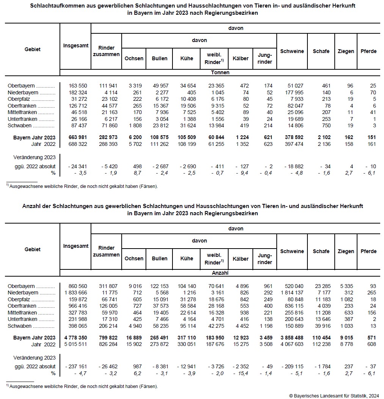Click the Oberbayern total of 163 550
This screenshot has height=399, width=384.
[78, 86]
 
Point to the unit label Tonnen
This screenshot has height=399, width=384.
[220, 72]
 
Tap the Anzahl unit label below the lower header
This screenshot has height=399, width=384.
[220, 272]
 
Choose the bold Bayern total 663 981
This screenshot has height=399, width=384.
[78, 137]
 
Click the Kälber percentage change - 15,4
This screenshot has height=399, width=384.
[241, 373]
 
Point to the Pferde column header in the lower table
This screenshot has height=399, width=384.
[368, 251]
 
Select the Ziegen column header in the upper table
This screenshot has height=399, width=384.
[346, 51]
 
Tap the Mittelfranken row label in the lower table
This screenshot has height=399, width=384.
[24, 313]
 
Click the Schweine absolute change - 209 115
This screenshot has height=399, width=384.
[292, 366]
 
